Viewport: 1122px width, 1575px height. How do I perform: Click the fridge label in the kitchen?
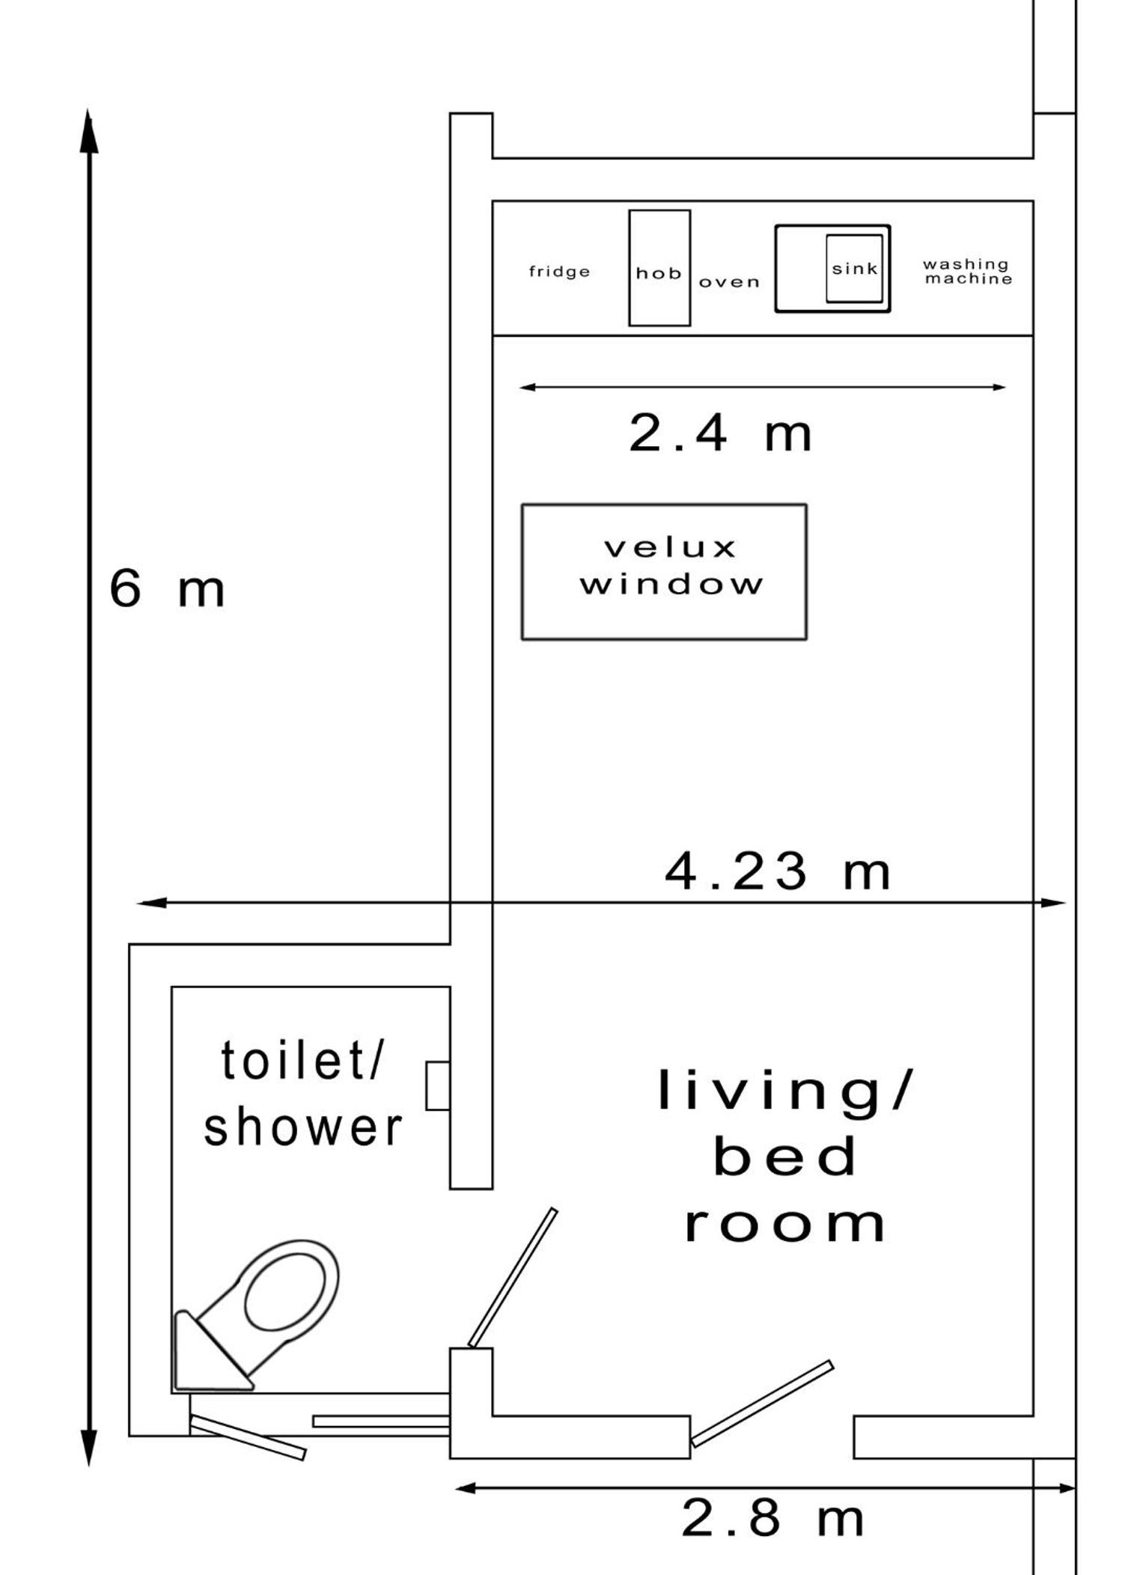pos(559,272)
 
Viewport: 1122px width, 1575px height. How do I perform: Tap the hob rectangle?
pos(659,268)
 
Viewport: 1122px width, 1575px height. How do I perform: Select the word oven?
pos(729,282)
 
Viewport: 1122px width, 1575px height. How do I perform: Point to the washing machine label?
pos(967,272)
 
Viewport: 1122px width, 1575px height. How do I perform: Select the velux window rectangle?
pos(664,572)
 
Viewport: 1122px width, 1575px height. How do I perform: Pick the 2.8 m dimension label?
pos(772,1518)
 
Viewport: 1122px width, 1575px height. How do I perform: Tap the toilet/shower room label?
pos(303,1094)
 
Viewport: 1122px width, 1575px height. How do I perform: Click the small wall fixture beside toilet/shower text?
pos(438,1085)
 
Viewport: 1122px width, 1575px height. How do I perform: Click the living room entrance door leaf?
pos(762,1403)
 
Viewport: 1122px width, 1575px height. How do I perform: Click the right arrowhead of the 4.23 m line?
pos(1052,903)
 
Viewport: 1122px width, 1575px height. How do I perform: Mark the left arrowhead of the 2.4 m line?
pos(527,387)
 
